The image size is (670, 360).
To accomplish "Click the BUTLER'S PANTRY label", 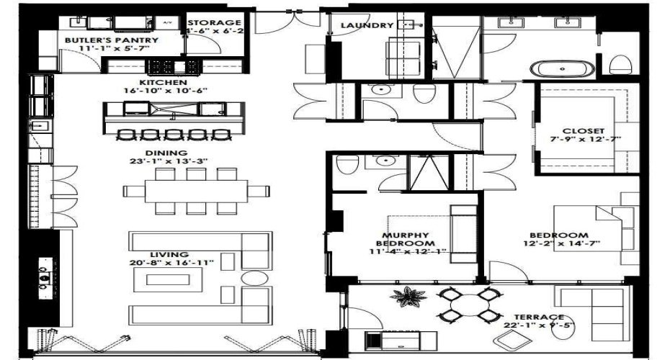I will point(111,40).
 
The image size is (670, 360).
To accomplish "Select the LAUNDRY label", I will point(367,26).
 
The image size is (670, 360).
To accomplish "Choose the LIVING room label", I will point(169,255).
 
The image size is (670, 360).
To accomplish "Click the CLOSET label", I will point(584,132).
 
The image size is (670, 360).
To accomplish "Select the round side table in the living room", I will point(253,278).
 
